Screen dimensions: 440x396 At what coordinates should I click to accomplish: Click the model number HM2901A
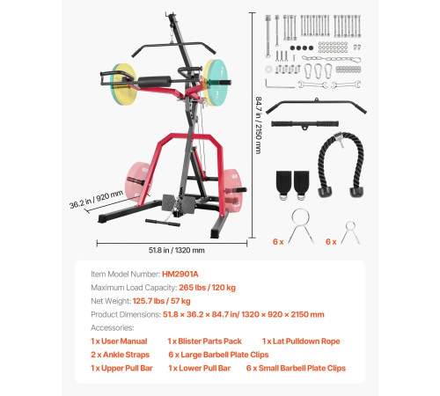pyautogui.click(x=180, y=274)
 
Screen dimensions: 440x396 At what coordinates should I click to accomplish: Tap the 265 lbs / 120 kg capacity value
pyautogui.click(x=207, y=288)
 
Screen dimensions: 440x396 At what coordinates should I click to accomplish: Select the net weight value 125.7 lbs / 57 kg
pyautogui.click(x=161, y=301)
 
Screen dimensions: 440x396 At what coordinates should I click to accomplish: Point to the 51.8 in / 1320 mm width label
pyautogui.click(x=177, y=250)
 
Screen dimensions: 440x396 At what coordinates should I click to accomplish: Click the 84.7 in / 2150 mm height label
pyautogui.click(x=259, y=125)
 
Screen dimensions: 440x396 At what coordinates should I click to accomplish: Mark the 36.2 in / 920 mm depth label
pyautogui.click(x=96, y=199)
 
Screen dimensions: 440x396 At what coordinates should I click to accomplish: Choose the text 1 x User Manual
pyautogui.click(x=119, y=341)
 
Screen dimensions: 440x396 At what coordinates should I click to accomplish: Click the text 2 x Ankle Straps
pyautogui.click(x=120, y=355)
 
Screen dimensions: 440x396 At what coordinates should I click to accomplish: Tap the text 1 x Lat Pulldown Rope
pyautogui.click(x=301, y=341)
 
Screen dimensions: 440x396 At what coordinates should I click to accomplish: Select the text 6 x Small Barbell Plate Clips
pyautogui.click(x=296, y=368)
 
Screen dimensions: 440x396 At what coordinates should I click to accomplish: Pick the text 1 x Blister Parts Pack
pyautogui.click(x=204, y=341)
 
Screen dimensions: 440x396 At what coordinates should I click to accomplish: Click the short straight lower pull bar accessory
pyautogui.click(x=304, y=124)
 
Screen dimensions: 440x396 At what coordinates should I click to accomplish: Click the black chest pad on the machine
pyautogui.click(x=154, y=82)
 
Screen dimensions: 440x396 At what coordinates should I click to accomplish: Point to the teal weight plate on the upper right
pyautogui.click(x=217, y=82)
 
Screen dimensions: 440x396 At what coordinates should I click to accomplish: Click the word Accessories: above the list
pyautogui.click(x=113, y=327)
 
